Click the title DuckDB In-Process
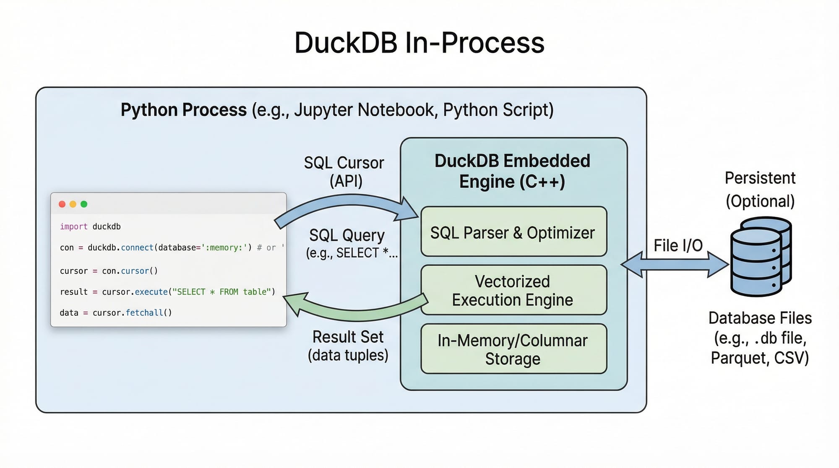[x=419, y=43]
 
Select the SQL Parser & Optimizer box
[x=513, y=232]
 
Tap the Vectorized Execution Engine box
[x=513, y=290]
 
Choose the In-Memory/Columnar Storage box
[x=513, y=349]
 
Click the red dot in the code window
[x=62, y=204]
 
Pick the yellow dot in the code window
[x=73, y=204]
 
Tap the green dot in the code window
[x=84, y=204]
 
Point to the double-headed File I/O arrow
[x=674, y=265]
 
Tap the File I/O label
[x=678, y=246]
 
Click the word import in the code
[x=73, y=226]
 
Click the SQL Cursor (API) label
[x=344, y=172]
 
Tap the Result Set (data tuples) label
[x=348, y=346]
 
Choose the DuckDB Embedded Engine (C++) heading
[x=512, y=171]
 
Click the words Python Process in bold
[x=183, y=110]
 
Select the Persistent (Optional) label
[x=760, y=190]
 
